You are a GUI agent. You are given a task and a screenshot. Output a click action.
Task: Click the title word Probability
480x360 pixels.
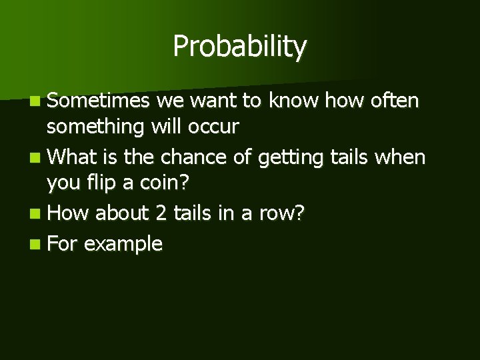[239, 47]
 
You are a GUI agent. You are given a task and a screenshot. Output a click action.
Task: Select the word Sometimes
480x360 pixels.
[100, 101]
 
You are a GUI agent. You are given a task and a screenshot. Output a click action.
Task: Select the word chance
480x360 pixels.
[189, 157]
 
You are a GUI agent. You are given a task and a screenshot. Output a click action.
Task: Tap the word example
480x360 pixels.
[123, 245]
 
